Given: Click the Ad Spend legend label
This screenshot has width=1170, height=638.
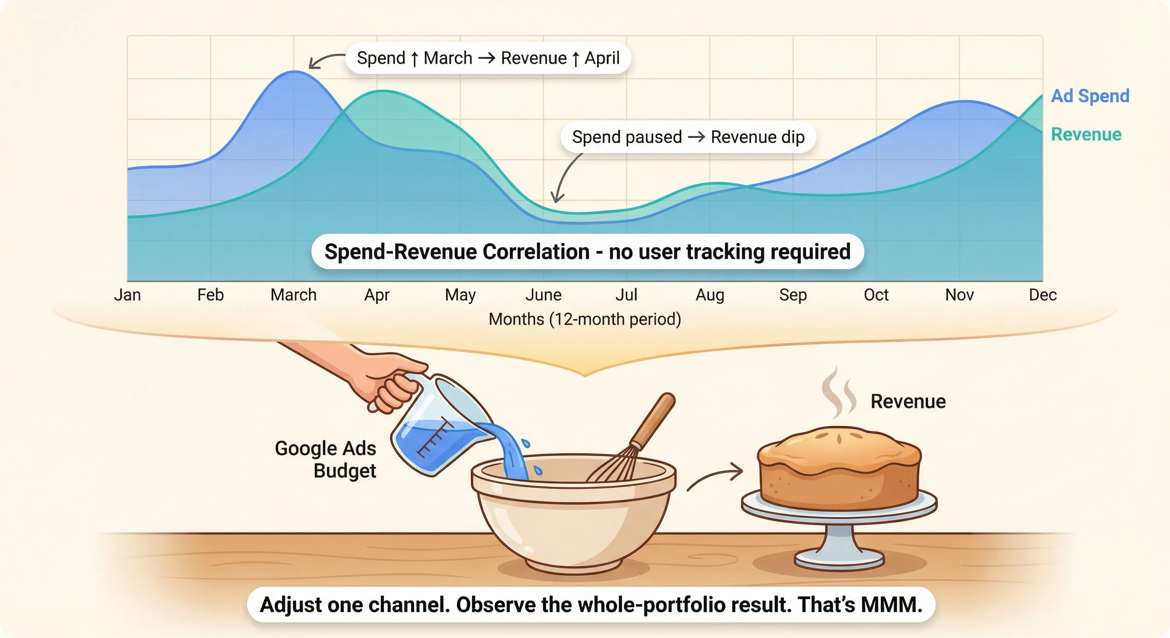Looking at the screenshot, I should [1090, 96].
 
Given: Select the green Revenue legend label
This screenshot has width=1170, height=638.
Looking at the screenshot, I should [1086, 135].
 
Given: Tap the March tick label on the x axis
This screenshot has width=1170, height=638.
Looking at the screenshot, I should [293, 295].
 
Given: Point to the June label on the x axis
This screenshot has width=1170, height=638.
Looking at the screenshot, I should [543, 295].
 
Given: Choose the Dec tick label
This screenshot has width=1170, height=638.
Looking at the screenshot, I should [1042, 295].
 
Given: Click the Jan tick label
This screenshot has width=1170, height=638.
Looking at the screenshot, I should [127, 295].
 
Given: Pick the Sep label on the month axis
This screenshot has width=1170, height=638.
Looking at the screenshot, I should [793, 295].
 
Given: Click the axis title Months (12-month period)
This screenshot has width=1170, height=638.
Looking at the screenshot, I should [585, 319].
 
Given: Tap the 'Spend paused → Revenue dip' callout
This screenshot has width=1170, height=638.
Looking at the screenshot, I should [688, 137].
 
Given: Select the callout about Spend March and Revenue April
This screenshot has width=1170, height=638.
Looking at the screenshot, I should [488, 58].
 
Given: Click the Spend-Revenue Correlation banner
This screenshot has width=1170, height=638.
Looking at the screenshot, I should [587, 252].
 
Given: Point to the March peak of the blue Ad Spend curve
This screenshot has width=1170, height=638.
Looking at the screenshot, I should [294, 72].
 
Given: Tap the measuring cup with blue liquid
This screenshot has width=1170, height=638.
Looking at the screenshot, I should [436, 432].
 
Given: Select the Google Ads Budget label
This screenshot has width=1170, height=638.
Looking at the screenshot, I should [326, 459].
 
